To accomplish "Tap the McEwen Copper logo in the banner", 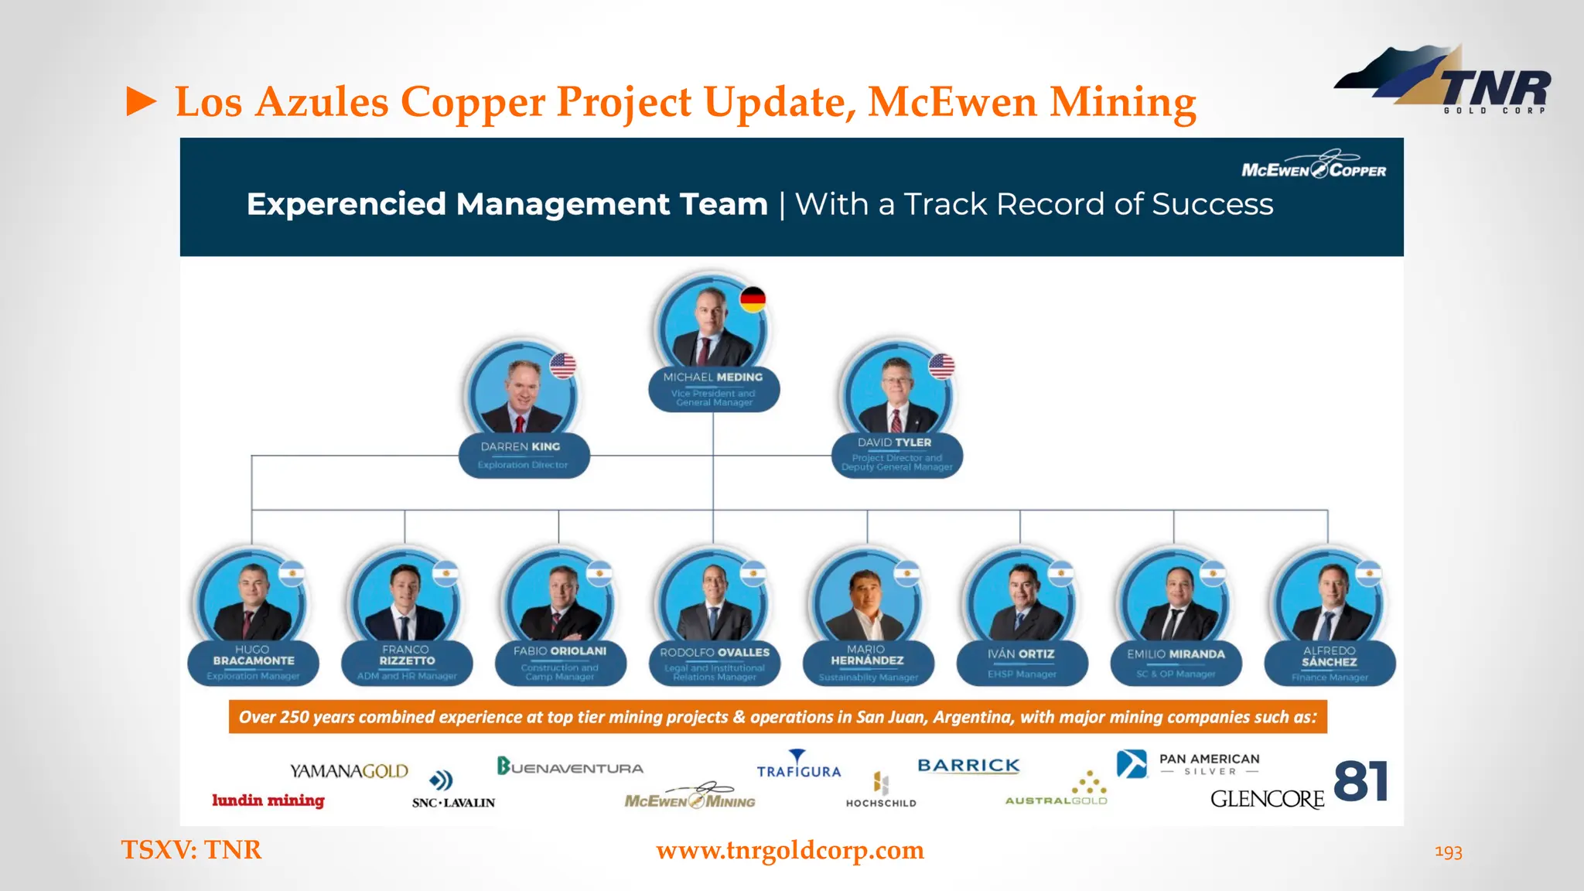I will [x=1313, y=166].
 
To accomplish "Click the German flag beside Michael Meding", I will [x=753, y=299].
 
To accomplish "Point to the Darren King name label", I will [x=523, y=455].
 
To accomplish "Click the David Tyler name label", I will [x=896, y=454].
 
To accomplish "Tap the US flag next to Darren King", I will [x=563, y=365].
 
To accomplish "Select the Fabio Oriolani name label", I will [x=560, y=663].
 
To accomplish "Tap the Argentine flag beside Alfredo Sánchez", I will [x=1368, y=573].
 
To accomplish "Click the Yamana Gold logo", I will [x=349, y=771].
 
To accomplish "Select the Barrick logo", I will [x=968, y=765].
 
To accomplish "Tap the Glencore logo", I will [x=1267, y=799].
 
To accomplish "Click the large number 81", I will [x=1361, y=781].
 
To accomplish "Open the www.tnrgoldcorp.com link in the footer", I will [x=790, y=850].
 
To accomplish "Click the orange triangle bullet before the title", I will [x=142, y=101].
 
